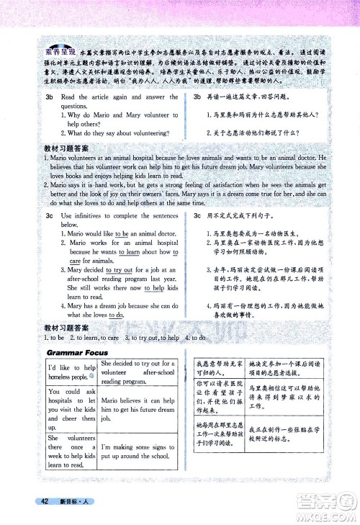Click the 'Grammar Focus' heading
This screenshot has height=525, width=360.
[77, 352]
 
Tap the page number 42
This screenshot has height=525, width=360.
[44, 501]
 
